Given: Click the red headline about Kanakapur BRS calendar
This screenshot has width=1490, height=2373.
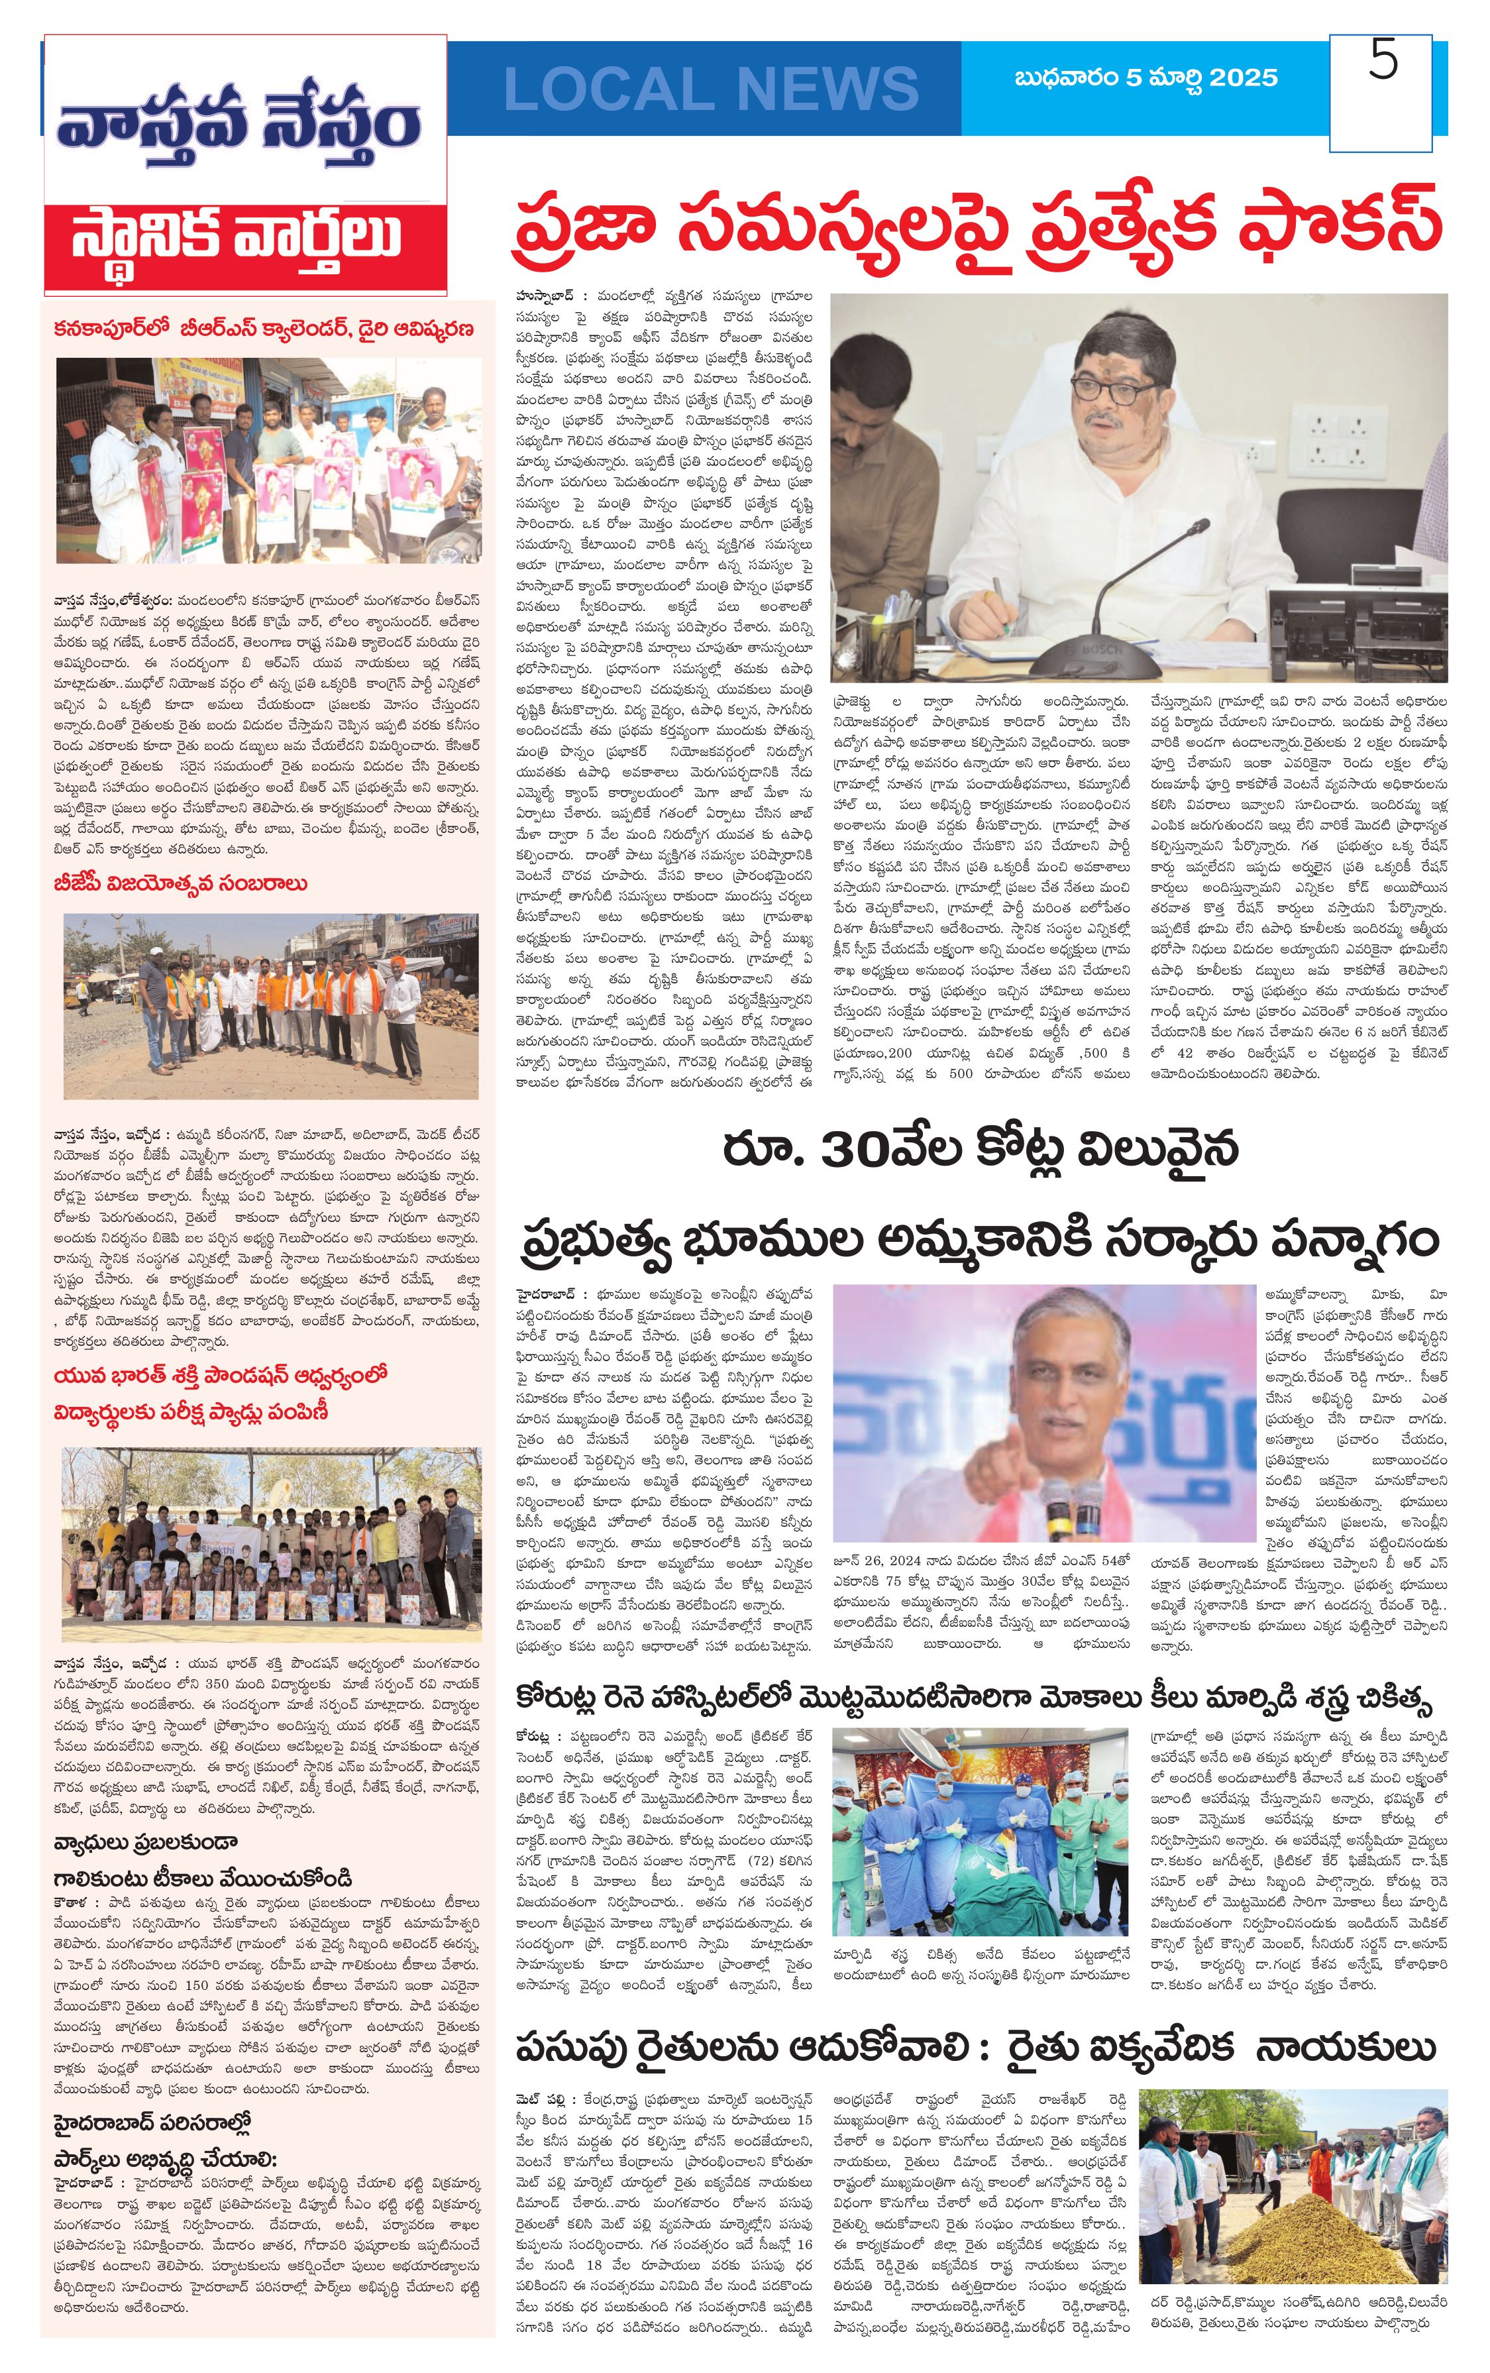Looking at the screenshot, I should point(264,328).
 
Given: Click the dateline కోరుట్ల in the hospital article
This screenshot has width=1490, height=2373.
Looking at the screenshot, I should point(538,1764).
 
